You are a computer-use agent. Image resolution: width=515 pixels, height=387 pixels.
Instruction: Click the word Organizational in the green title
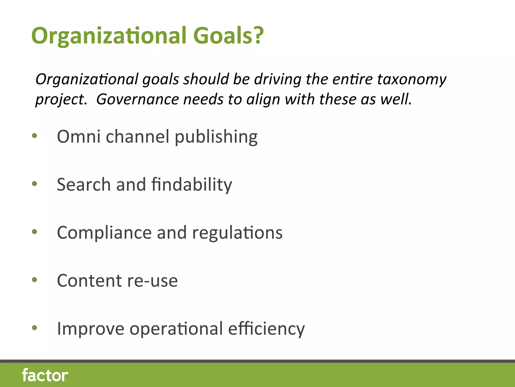(109, 36)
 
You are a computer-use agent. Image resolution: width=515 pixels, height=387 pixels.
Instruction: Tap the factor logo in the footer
(45, 375)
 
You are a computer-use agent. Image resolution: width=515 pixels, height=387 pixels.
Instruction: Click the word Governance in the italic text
(138, 99)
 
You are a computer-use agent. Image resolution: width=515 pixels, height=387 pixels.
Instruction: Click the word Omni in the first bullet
(79, 136)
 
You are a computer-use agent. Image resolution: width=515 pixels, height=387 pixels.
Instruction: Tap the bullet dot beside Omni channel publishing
(34, 136)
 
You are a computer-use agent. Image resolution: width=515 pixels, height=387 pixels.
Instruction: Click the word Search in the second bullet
(84, 184)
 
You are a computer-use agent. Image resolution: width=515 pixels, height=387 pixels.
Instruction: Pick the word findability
(192, 184)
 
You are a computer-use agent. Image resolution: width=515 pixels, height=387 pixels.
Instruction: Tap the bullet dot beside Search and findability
(34, 184)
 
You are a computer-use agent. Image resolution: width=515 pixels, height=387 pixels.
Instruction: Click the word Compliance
(104, 233)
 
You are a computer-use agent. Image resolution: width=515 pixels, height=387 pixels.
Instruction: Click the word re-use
(152, 281)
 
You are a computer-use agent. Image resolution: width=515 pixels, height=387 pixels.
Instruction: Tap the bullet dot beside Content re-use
(34, 280)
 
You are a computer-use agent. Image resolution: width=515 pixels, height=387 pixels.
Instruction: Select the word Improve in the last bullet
(91, 329)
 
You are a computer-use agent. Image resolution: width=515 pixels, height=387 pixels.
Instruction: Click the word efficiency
(266, 329)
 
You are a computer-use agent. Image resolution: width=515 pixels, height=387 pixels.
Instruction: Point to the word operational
(176, 329)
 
